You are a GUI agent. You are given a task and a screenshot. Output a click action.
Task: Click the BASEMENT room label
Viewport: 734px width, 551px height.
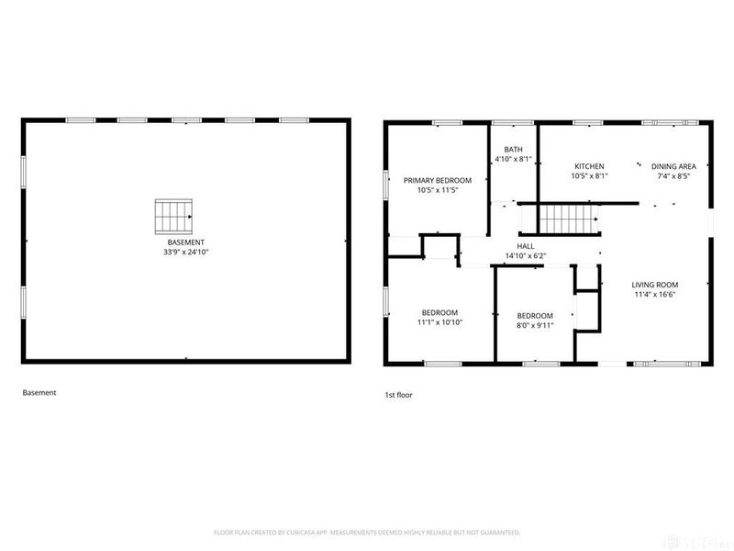pos(186,242)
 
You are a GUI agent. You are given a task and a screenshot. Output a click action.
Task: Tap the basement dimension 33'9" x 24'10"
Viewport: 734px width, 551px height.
pos(186,252)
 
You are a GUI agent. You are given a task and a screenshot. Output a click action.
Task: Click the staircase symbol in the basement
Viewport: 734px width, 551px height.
pos(173,216)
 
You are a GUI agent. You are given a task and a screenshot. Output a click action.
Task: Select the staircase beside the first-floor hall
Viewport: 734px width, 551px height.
pos(565,219)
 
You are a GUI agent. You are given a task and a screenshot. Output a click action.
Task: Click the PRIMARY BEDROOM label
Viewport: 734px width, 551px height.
pos(438,180)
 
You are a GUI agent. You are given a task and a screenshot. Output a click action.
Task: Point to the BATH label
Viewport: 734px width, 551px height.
pos(513,150)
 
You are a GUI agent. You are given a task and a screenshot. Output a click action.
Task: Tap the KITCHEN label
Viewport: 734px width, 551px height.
pos(589,166)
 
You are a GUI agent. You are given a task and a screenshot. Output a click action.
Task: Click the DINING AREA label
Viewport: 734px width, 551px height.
pos(673,166)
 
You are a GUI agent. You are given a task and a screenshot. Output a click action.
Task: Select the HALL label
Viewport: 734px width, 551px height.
pos(526,246)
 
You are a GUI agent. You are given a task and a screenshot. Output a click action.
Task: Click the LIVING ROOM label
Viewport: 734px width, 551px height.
pos(654,285)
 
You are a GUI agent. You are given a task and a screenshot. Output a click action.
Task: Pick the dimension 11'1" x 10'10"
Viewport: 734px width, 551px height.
pos(440,323)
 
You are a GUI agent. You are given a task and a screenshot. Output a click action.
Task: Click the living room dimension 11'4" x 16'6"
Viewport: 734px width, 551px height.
pos(654,295)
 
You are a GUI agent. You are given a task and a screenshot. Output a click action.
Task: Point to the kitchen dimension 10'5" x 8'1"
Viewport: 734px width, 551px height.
pos(589,175)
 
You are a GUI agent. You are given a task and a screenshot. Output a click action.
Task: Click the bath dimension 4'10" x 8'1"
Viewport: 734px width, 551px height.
pos(513,159)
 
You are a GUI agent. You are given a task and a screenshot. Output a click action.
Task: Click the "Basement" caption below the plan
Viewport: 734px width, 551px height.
pos(39,392)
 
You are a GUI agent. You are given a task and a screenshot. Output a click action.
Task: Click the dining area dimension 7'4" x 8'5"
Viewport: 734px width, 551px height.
pos(673,175)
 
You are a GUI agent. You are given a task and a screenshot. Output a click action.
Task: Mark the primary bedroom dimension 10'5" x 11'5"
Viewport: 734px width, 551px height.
pos(438,190)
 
